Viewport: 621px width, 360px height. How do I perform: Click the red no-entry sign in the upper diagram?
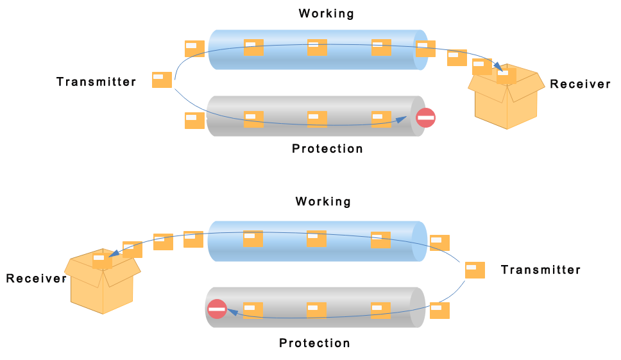426,117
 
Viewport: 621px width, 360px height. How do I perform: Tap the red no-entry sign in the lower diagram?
217,309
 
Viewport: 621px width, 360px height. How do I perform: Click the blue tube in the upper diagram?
318,49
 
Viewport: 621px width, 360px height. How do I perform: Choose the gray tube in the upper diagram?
316,116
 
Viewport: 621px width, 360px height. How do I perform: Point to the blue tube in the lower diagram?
317,241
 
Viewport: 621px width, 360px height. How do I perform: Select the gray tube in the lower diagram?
316,307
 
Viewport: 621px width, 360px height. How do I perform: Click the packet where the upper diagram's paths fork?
162,80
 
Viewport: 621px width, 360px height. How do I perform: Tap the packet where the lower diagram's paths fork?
475,270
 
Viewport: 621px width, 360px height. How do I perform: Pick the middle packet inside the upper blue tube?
317,47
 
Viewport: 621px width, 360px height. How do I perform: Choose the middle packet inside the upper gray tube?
317,119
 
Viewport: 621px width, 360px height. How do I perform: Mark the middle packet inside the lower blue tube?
316,239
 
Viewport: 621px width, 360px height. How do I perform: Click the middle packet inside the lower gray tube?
316,311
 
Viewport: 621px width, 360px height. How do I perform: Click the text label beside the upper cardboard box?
580,84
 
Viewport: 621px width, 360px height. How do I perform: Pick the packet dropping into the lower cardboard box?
102,261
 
